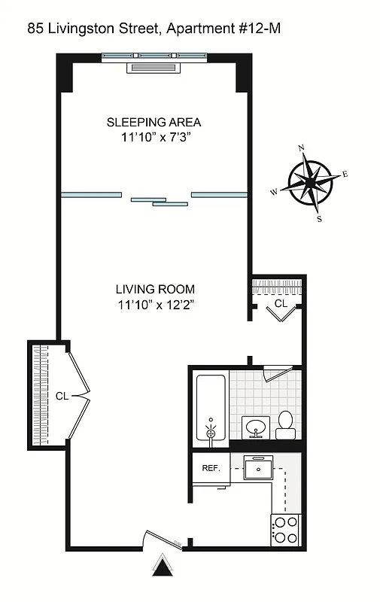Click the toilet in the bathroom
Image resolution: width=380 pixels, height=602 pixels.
coord(286,425)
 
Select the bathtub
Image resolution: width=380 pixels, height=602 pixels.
coord(211,407)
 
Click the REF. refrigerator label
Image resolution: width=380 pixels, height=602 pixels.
coord(210,468)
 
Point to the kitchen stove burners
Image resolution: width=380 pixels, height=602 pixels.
coord(286,529)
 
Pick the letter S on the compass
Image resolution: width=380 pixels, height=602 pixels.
coord(319,219)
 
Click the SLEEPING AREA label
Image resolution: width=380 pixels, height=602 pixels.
coord(154,122)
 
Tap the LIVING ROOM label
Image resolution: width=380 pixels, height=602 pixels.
coord(155,289)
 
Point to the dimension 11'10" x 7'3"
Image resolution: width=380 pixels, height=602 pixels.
coord(154,138)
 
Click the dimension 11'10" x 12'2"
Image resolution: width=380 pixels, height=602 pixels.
coord(155,305)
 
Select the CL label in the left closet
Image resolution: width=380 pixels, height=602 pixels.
coord(61,395)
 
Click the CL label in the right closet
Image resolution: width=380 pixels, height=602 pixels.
coord(280,303)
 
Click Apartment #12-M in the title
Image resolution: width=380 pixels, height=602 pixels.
coord(223,29)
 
